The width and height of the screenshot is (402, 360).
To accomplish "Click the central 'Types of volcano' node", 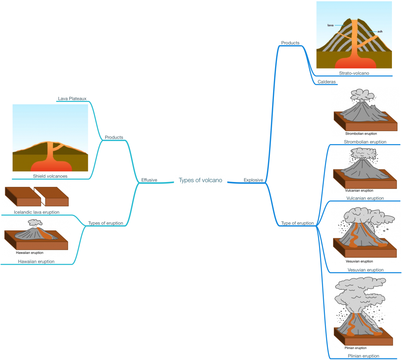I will click(x=200, y=180).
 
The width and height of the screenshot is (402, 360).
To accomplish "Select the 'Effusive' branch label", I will click(x=149, y=180).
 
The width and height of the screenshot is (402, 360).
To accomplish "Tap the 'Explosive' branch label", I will click(x=253, y=180).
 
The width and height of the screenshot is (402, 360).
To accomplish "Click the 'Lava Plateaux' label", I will click(x=72, y=99).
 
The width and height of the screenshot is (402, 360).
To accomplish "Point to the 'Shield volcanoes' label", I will click(x=50, y=176).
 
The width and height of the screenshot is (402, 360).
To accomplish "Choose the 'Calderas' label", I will click(x=327, y=82).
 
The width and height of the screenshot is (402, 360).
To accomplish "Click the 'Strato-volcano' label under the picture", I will click(x=354, y=73).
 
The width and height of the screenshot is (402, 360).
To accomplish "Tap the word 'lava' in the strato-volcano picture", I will click(x=330, y=25).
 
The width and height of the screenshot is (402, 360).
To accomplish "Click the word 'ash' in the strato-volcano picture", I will click(x=380, y=32).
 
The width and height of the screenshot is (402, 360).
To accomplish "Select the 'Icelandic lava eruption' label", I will click(x=36, y=212).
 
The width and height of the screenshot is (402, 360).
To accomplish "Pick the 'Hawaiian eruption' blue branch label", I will click(x=36, y=261).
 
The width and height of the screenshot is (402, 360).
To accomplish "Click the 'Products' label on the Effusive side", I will click(x=114, y=137).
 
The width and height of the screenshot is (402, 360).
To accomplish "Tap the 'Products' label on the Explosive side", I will click(x=290, y=43).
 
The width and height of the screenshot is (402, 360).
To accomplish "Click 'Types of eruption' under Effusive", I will click(x=105, y=223).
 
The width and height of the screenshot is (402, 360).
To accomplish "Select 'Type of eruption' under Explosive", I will click(x=297, y=223).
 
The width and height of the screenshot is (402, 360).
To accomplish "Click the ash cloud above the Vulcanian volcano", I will click(x=363, y=153).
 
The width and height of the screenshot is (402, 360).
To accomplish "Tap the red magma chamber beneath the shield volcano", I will click(x=50, y=166).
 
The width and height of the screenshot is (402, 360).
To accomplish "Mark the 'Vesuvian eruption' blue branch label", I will click(x=365, y=270).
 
